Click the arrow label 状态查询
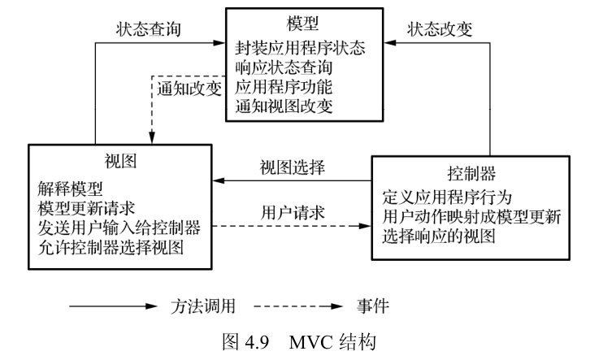click(x=145, y=29)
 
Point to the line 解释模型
click(x=71, y=189)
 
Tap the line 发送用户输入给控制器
click(x=119, y=225)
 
